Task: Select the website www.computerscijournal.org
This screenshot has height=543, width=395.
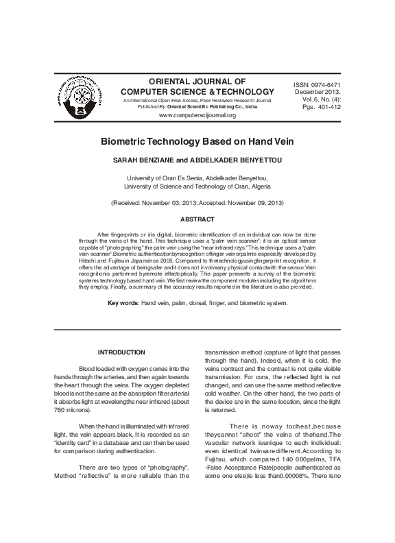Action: [197, 115]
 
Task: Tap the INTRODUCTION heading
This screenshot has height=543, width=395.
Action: [121, 352]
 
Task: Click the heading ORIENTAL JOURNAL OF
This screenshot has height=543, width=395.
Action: [197, 81]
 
